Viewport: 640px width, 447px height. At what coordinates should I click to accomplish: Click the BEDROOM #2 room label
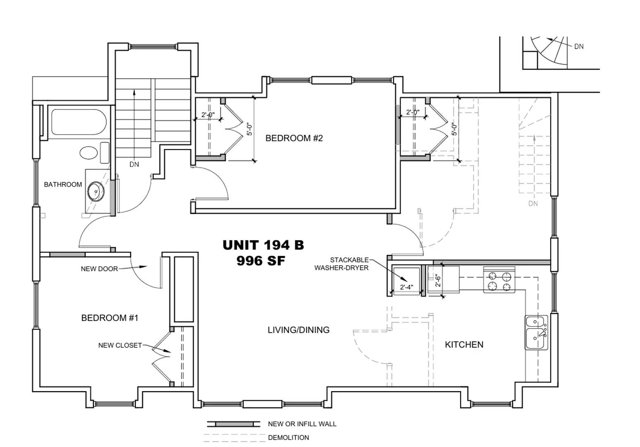[x=294, y=138]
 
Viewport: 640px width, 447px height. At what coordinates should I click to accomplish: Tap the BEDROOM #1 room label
[x=110, y=318]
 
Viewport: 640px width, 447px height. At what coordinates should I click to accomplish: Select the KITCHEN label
[x=464, y=344]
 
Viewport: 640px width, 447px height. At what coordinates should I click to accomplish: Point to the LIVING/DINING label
[x=298, y=330]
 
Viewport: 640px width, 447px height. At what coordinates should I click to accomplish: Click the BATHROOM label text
[x=63, y=185]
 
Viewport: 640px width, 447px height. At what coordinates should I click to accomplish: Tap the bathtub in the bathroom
[x=79, y=122]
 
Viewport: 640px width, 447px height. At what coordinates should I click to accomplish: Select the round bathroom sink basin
[x=96, y=192]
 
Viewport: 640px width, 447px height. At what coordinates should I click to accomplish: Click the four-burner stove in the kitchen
[x=499, y=280]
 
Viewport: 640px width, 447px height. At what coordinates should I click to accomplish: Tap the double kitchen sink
[x=536, y=332]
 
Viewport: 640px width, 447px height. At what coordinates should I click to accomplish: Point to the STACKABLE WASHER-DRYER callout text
[x=342, y=264]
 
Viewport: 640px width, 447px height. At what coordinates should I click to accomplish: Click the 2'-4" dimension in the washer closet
[x=406, y=287]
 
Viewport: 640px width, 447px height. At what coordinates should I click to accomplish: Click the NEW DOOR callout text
[x=99, y=269]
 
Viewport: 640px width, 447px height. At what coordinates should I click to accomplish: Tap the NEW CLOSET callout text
[x=120, y=345]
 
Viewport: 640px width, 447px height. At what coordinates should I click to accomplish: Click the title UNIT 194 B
[x=263, y=245]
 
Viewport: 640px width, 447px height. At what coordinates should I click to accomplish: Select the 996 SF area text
[x=261, y=261]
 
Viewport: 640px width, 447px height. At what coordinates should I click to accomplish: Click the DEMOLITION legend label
[x=288, y=437]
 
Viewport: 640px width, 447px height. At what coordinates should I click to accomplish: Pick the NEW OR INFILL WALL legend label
[x=302, y=424]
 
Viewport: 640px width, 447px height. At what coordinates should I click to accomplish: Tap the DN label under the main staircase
[x=134, y=164]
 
